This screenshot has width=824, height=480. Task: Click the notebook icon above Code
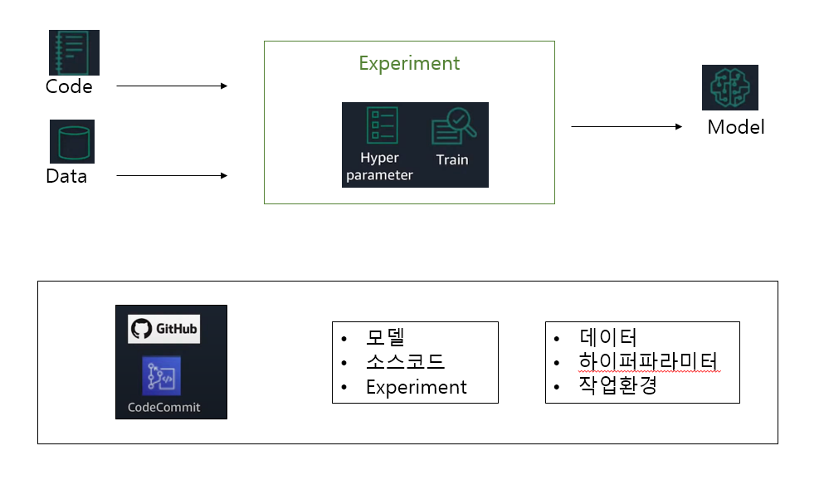pyautogui.click(x=74, y=53)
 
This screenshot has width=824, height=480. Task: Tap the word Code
pyautogui.click(x=69, y=86)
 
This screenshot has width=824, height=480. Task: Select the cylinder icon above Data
pyautogui.click(x=72, y=141)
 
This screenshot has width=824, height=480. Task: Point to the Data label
pyautogui.click(x=66, y=176)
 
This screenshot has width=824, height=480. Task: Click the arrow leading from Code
pyautogui.click(x=171, y=86)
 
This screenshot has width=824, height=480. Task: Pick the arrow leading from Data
pyautogui.click(x=171, y=176)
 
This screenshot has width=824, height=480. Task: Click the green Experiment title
pyautogui.click(x=409, y=63)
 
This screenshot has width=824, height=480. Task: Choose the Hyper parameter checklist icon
pyautogui.click(x=383, y=125)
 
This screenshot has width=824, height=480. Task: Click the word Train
pyautogui.click(x=452, y=159)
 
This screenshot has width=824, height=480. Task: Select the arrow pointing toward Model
pyautogui.click(x=626, y=127)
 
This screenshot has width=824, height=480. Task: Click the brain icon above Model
pyautogui.click(x=730, y=88)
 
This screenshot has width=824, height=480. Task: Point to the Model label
pyautogui.click(x=736, y=127)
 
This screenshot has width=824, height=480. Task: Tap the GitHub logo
pyautogui.click(x=164, y=329)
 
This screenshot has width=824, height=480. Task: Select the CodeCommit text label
pyautogui.click(x=164, y=408)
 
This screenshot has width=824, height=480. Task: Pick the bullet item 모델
pyautogui.click(x=384, y=339)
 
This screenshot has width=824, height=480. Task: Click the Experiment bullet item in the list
pyautogui.click(x=416, y=387)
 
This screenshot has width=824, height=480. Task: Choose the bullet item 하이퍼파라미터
pyautogui.click(x=648, y=361)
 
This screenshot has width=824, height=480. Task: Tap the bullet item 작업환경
pyautogui.click(x=617, y=385)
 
